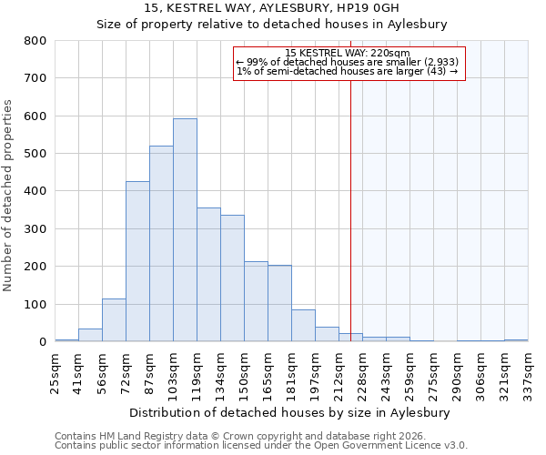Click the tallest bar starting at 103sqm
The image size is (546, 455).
(x=185, y=230)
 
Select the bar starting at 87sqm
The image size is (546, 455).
(x=161, y=244)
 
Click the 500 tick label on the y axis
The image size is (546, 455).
(x=35, y=154)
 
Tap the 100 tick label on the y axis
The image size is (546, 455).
(x=35, y=305)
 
